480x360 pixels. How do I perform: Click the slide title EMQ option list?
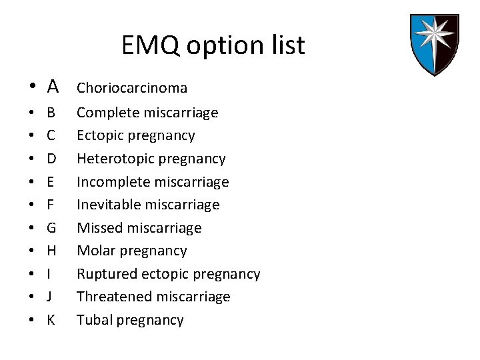213,45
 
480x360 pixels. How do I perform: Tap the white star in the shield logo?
434,41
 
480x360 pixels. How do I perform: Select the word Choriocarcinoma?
132,88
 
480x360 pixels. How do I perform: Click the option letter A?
53,87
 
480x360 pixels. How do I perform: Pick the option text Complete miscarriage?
147,113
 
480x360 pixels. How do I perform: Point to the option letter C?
51,136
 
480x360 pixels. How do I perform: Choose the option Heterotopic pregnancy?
151,159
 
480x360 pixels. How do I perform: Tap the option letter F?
51,205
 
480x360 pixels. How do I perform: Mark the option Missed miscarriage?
139,228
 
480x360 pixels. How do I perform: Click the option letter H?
51,251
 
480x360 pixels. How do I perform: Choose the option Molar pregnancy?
132,251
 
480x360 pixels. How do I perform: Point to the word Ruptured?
105,274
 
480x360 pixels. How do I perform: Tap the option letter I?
49,274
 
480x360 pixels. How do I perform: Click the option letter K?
51,320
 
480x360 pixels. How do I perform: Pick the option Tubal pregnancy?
130,320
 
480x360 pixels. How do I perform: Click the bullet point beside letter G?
31,228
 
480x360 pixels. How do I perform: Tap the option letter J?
49,297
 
